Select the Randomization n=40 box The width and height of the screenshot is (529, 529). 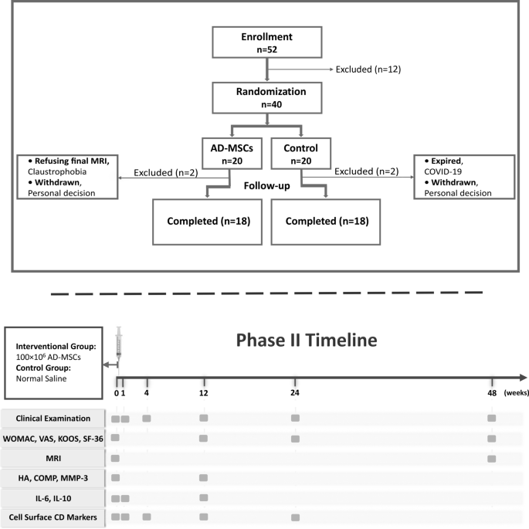pos(266,97)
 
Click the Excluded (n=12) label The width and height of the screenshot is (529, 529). pos(368,70)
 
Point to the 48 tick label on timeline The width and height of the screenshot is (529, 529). pos(492,393)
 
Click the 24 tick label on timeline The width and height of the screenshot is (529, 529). pos(294,393)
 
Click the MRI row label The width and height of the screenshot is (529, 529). pos(54,458)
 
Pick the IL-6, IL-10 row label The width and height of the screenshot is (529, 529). pos(54,497)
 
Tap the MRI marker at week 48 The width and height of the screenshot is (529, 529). pos(492,459)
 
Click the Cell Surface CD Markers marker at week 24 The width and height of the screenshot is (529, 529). pos(294,517)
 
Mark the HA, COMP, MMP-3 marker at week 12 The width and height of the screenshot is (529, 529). pos(204,478)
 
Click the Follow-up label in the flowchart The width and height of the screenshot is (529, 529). pos(266,186)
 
